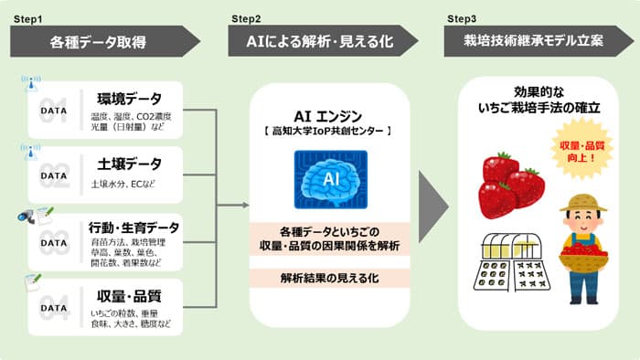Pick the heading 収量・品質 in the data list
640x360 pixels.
click(129, 295)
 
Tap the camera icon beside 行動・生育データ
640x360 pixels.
click(27, 217)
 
